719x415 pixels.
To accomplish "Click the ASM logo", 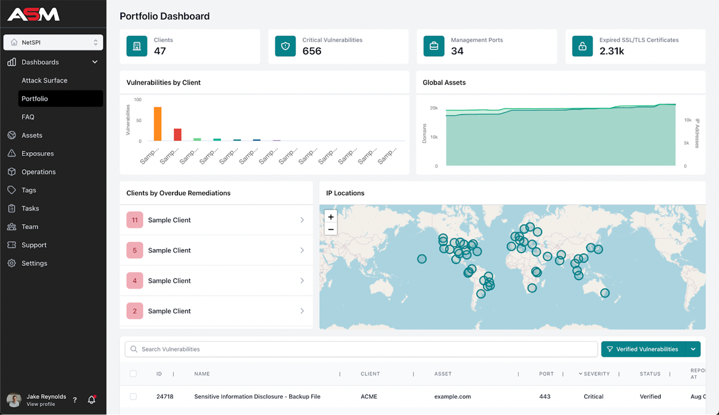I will tap(34, 14).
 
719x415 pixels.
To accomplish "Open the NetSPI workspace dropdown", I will tap(53, 43).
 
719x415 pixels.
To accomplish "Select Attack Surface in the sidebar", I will tap(44, 80).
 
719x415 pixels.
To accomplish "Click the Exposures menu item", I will tap(37, 153).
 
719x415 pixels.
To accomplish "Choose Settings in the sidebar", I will tap(34, 263).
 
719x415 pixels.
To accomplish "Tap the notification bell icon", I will tap(92, 399).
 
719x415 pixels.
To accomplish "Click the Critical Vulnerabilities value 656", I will tap(312, 52).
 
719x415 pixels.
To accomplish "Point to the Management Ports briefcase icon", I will tap(434, 46).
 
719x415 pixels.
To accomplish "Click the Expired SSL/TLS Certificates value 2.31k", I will tap(612, 52).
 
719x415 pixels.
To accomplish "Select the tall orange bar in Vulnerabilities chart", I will tap(158, 124).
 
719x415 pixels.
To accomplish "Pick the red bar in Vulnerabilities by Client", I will tap(177, 134).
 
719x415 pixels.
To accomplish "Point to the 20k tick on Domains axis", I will tap(434, 108).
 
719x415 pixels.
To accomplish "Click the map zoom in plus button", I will tap(331, 217).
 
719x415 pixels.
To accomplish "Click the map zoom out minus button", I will tap(331, 229).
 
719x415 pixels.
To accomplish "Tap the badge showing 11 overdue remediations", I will tap(135, 220).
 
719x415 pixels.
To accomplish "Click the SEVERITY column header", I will tap(596, 374).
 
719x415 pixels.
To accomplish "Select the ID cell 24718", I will tap(165, 396).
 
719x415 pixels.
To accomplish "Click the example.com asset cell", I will tap(452, 396).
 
